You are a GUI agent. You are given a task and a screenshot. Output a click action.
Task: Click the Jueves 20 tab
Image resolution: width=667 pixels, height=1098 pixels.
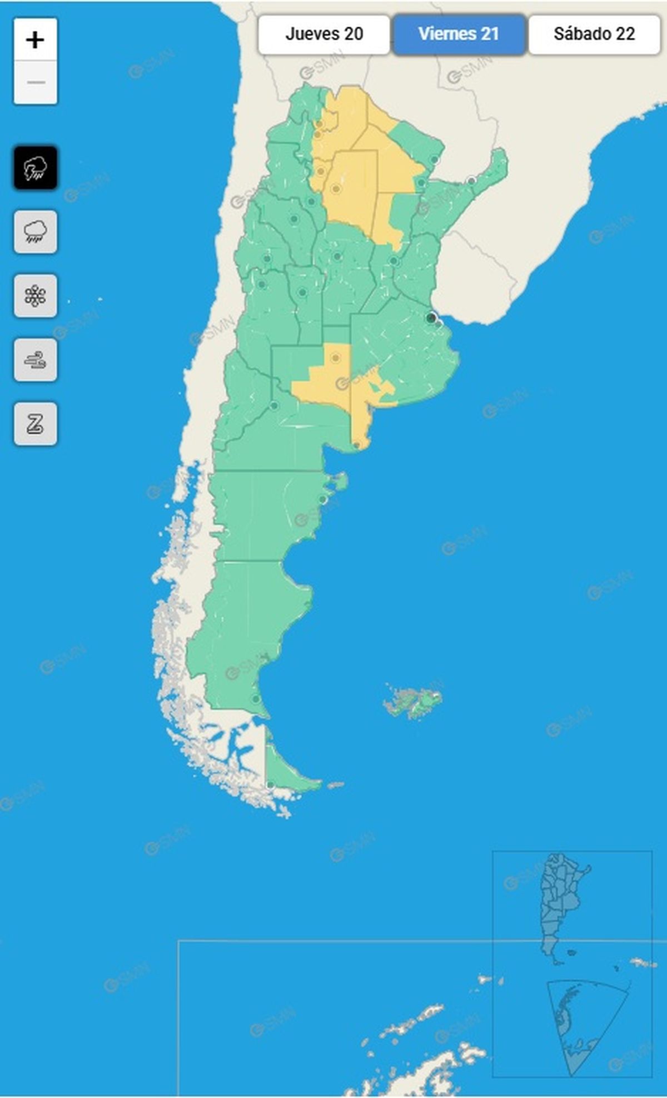(324, 34)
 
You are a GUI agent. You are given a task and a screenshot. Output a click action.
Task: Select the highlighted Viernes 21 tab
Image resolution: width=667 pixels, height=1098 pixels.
(459, 34)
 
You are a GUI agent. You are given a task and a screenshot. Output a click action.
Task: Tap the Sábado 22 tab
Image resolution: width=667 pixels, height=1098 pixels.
(594, 34)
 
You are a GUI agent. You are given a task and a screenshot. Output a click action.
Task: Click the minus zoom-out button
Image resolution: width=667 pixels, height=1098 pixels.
(36, 82)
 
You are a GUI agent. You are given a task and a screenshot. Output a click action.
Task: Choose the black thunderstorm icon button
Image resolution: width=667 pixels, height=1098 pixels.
(36, 167)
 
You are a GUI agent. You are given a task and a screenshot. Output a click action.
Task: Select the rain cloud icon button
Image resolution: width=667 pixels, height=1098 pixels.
(36, 231)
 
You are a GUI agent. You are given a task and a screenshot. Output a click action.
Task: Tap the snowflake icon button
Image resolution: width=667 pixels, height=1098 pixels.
(36, 296)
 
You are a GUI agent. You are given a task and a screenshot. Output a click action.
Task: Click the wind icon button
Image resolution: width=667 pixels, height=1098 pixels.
(36, 360)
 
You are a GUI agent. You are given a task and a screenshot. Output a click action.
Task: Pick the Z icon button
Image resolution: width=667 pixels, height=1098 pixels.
(36, 424)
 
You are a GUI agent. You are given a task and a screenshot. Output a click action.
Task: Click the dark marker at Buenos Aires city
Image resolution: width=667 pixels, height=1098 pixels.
(431, 318)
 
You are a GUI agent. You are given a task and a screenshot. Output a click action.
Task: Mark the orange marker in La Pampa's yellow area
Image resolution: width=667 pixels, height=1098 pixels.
(335, 358)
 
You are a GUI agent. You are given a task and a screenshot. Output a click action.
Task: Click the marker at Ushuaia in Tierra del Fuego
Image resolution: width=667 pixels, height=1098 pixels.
(270, 784)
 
